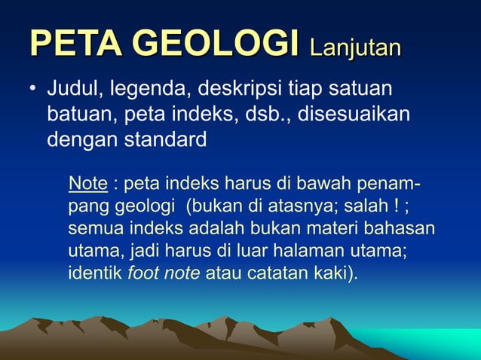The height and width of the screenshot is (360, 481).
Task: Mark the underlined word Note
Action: pos(87,184)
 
